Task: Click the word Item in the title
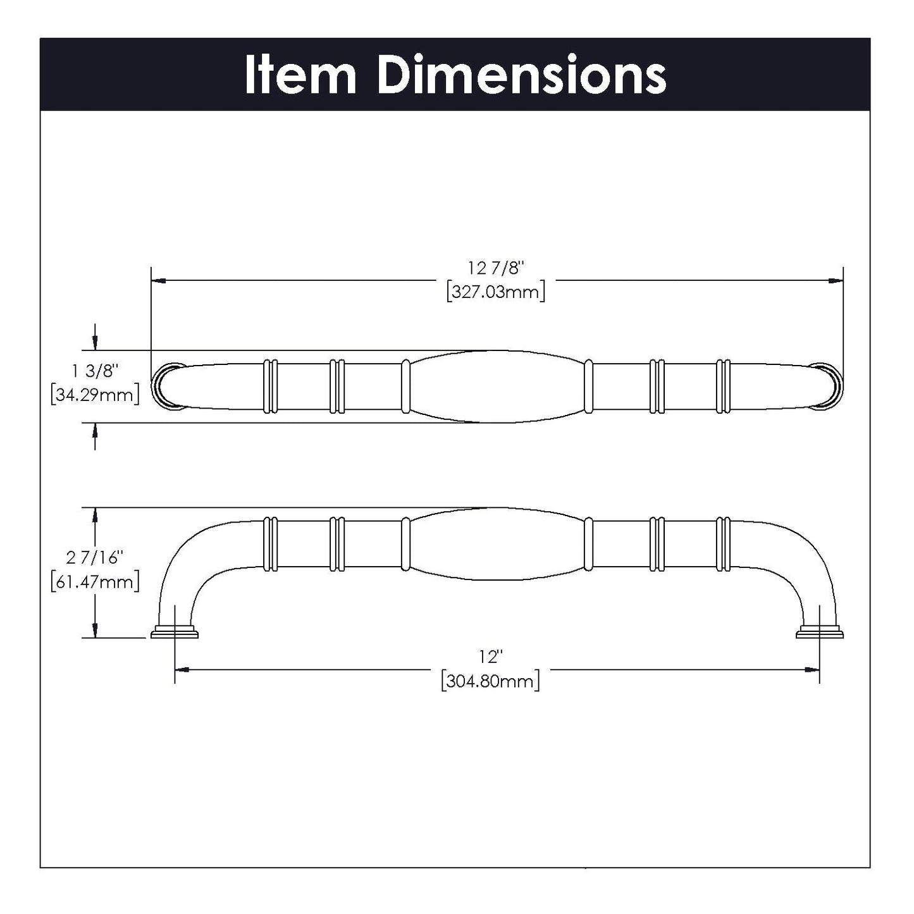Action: pos(300,75)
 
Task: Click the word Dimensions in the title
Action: pos(521,75)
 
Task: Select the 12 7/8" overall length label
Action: pos(497,268)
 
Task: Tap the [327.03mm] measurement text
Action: pos(497,292)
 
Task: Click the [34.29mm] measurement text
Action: pos(94,396)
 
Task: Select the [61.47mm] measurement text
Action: pos(94,581)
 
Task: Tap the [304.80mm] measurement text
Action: pos(491,681)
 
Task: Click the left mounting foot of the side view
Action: pos(175,632)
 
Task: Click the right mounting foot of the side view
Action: pos(819,632)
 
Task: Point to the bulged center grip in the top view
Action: pos(497,386)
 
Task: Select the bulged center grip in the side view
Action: pos(497,543)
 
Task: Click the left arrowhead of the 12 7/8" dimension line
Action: pos(158,280)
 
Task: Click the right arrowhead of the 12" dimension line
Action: pos(813,669)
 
